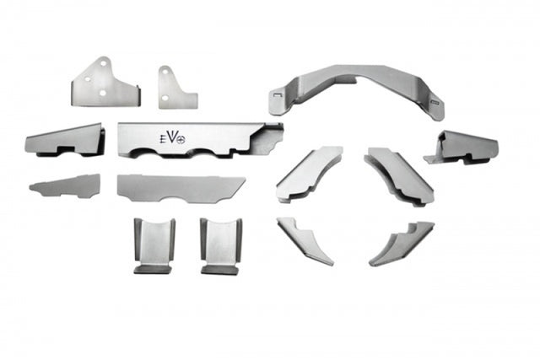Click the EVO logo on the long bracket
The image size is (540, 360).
pyautogui.click(x=172, y=138)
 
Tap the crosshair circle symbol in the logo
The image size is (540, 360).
pyautogui.click(x=181, y=139)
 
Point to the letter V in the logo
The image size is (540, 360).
pyautogui.click(x=173, y=137)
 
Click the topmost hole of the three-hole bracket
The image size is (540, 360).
pyautogui.click(x=103, y=63)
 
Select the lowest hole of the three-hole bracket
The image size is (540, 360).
pyautogui.click(x=103, y=93)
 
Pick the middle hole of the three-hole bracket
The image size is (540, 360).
pyautogui.click(x=88, y=79)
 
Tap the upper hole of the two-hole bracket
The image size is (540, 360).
pyautogui.click(x=165, y=72)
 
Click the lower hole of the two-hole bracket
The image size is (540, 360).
pyautogui.click(x=165, y=98)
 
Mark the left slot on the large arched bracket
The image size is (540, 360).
pyautogui.click(x=277, y=94)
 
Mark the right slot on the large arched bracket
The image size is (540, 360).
pyautogui.click(x=435, y=102)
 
